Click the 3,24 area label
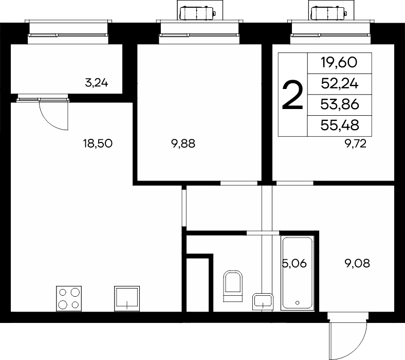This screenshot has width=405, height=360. pos(96,83)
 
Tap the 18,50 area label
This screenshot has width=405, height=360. pos(98,143)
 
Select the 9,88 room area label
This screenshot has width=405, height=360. pos(183,143)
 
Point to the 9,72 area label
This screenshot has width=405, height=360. pos(356,144)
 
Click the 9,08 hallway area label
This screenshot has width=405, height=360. pos(357,264)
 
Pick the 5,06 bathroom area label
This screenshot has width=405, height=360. pos(294,264)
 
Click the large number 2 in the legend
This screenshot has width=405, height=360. pos(292,95)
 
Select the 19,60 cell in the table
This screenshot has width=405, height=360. pos(339,63)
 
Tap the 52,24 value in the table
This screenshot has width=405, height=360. pos(339,84)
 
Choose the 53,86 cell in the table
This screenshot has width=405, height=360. pos(340,104)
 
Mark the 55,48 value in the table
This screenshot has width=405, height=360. pos(340,125)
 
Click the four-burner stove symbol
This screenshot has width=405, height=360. pos(69,298)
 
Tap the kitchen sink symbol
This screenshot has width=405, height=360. pos(127,298)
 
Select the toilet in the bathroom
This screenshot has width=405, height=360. pos(233,286)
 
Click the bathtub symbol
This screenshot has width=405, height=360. pos(297,273)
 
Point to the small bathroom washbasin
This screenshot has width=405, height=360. pos(263,301)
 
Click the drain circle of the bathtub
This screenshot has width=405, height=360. pos(297,302)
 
